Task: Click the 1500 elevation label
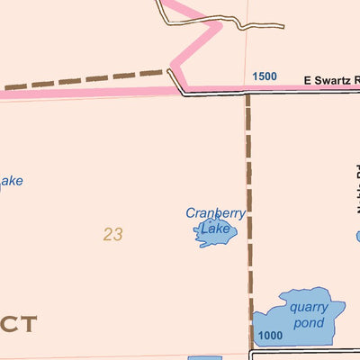[x=265, y=76]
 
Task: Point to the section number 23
[x=112, y=235]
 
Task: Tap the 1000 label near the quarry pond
[x=269, y=336]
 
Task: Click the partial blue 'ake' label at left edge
[x=10, y=182]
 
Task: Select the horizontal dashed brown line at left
[x=85, y=80]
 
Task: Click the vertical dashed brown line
[x=247, y=216]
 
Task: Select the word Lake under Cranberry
[x=215, y=229]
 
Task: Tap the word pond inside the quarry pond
[x=308, y=322]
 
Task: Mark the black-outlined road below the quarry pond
[x=306, y=353]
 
